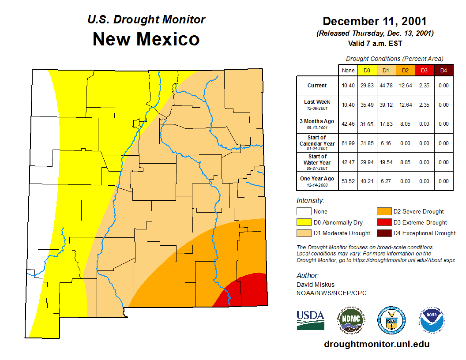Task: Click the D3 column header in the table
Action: point(424,70)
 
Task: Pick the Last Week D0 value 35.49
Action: point(367,105)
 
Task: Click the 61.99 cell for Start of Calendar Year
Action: point(348,143)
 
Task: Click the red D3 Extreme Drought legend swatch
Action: point(383,222)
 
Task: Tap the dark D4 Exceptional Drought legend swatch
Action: point(383,233)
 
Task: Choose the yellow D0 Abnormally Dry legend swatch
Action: point(304,222)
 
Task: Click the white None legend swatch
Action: point(304,212)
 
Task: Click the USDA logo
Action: point(310,320)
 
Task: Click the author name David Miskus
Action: point(316,285)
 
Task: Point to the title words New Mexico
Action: point(146,39)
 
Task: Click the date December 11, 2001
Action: point(375,21)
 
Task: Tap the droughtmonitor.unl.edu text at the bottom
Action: point(376,344)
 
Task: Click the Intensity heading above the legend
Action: point(310,200)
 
